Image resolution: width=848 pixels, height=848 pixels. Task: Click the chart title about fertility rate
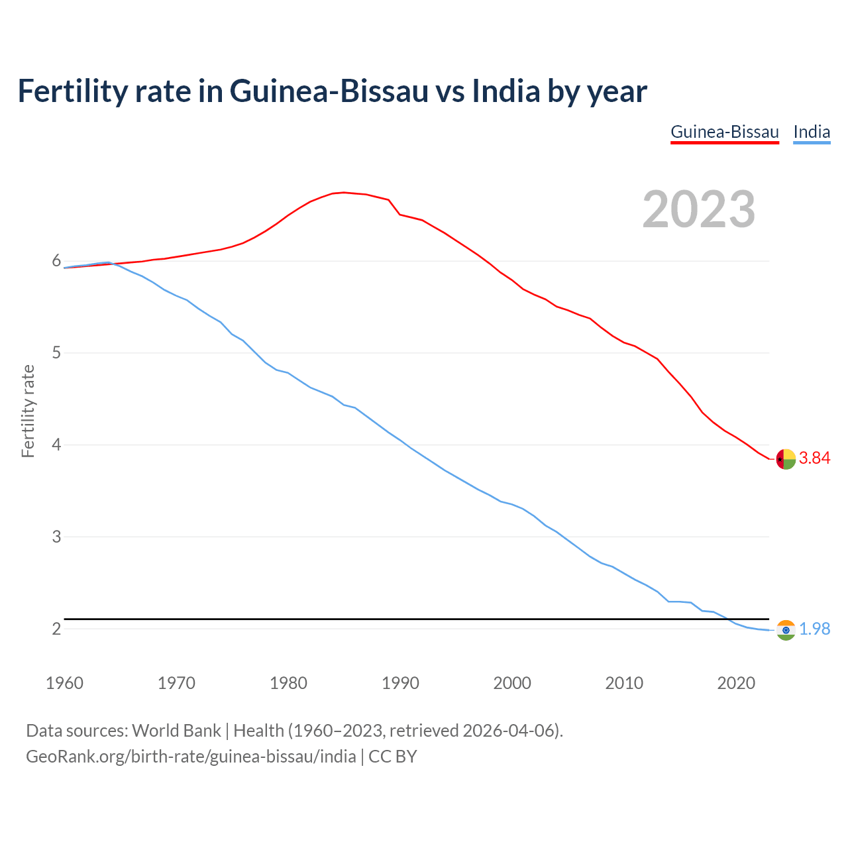click(x=332, y=91)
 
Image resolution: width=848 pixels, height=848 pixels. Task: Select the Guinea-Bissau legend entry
click(x=725, y=132)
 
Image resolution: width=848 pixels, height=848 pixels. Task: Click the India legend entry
click(x=812, y=132)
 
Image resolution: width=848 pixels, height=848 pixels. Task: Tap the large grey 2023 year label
click(x=699, y=209)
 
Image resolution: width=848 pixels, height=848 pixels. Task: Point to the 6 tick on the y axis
click(x=56, y=261)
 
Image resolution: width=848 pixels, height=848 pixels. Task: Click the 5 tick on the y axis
click(x=56, y=352)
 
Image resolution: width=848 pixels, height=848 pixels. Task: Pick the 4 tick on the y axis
click(x=56, y=445)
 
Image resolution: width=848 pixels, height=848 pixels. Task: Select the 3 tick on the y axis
click(x=56, y=537)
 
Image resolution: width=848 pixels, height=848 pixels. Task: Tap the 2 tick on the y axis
click(x=56, y=629)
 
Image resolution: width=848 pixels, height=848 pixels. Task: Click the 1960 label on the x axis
click(x=64, y=683)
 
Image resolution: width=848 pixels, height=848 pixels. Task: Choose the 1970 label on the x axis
click(x=176, y=683)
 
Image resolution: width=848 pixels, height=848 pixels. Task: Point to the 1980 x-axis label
click(x=288, y=683)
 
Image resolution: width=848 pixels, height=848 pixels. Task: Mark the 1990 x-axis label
click(x=400, y=683)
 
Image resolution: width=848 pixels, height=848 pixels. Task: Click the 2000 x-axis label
click(x=512, y=683)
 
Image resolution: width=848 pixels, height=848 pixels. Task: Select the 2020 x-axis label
click(x=736, y=683)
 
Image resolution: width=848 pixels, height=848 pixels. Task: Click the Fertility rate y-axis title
click(x=28, y=411)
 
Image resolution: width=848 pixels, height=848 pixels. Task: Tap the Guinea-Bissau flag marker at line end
click(x=786, y=458)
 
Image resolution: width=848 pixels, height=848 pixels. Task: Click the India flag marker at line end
click(x=786, y=630)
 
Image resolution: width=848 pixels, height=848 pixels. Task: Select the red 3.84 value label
click(x=814, y=458)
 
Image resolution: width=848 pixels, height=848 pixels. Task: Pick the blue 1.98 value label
click(x=814, y=629)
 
